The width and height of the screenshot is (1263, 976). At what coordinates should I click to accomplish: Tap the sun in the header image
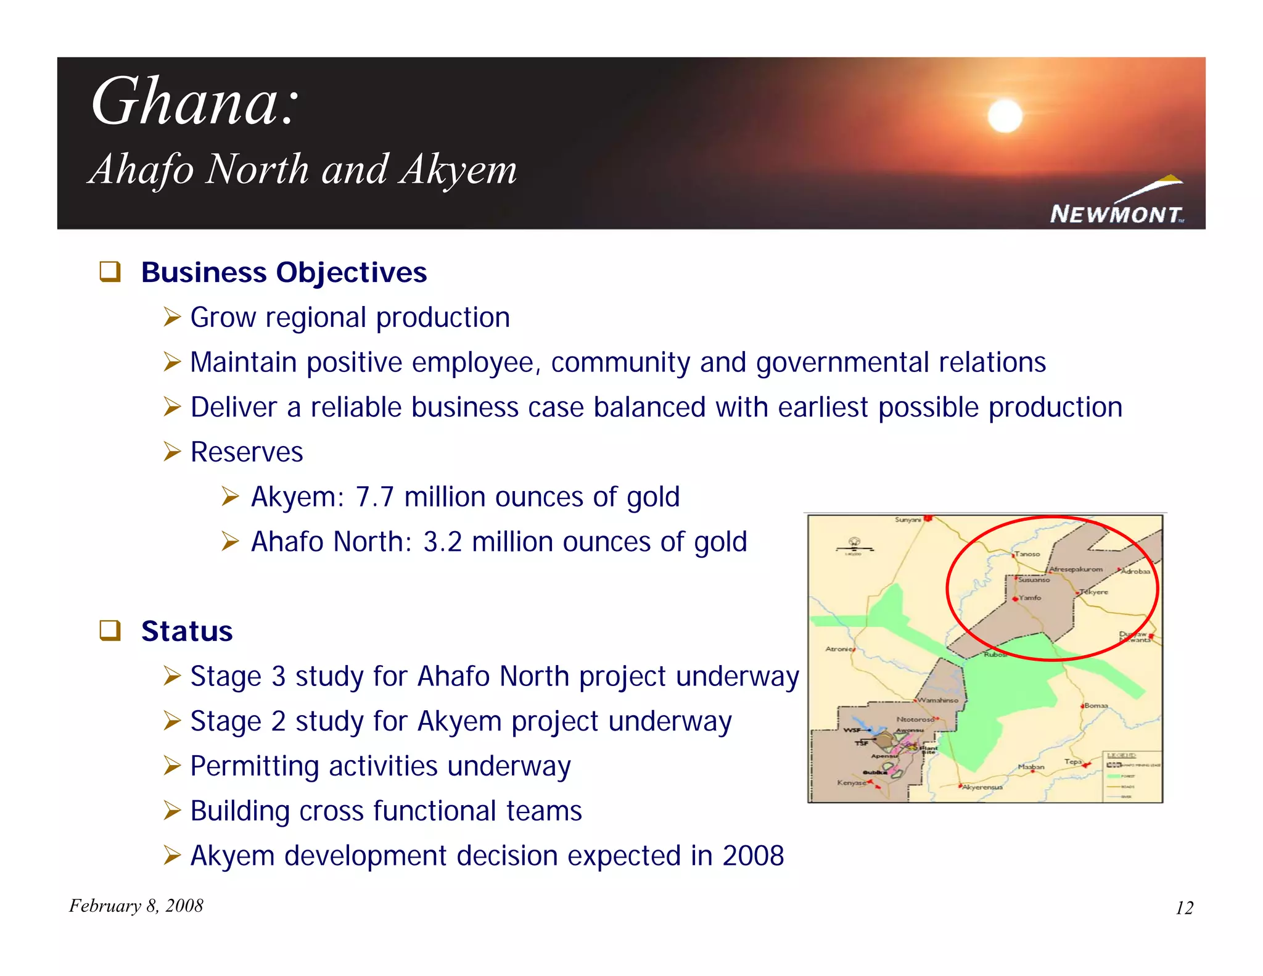(x=1005, y=116)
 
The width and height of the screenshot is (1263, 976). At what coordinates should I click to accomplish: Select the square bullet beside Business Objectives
(x=110, y=272)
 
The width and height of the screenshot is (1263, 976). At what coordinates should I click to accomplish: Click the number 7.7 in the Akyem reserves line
(x=374, y=497)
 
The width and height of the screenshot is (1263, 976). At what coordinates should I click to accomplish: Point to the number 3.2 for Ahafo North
(x=442, y=542)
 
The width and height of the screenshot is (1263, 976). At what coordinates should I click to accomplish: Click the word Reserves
(x=247, y=452)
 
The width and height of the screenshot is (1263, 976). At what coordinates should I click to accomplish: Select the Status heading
(x=187, y=631)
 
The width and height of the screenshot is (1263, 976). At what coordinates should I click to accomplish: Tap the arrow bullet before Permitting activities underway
(x=172, y=766)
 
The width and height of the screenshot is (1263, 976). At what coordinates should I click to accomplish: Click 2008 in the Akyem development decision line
(x=753, y=856)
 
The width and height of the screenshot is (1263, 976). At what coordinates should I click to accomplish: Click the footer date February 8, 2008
(x=136, y=906)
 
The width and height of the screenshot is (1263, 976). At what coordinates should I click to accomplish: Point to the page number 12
(x=1184, y=908)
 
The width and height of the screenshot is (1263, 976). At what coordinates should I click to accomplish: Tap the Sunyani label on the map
(x=907, y=520)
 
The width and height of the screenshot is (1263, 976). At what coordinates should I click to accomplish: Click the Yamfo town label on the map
(x=1030, y=598)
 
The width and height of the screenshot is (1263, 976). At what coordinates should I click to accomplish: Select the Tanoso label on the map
(x=1027, y=554)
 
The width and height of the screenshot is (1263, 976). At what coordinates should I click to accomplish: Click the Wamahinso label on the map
(x=938, y=700)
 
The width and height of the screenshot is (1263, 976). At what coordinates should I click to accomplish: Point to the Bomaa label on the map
(x=1096, y=705)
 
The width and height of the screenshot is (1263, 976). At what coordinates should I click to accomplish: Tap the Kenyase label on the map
(x=851, y=782)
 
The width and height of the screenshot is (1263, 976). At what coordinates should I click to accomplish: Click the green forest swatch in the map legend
(x=1113, y=776)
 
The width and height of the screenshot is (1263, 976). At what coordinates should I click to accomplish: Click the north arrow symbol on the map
(x=854, y=543)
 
